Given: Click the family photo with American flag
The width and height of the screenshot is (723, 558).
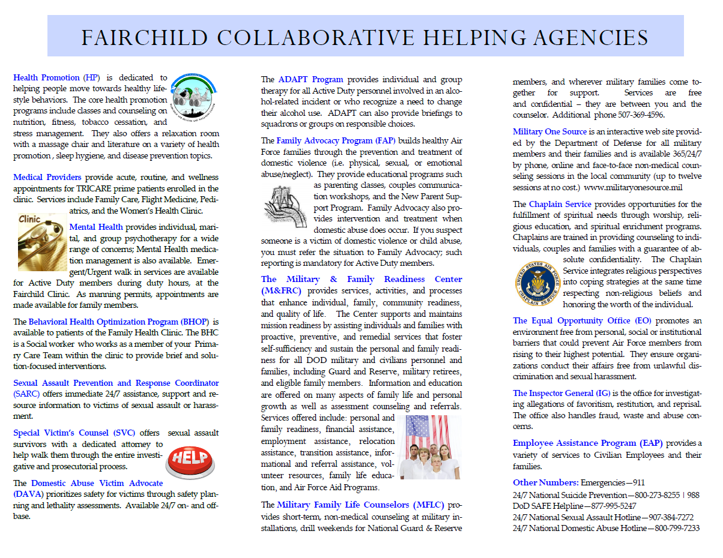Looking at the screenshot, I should pyautogui.click(x=430, y=446).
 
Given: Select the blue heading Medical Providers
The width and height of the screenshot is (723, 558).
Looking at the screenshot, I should pyautogui.click(x=47, y=177).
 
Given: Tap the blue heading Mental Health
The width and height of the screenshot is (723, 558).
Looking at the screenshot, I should pyautogui.click(x=96, y=227).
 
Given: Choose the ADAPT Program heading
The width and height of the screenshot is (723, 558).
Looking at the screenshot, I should pyautogui.click(x=310, y=79).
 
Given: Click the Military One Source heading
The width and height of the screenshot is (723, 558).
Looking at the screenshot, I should pyautogui.click(x=549, y=131).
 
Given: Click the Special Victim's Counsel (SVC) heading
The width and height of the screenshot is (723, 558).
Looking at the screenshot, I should pyautogui.click(x=74, y=433).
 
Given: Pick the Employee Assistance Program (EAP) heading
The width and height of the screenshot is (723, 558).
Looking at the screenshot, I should pyautogui.click(x=587, y=443).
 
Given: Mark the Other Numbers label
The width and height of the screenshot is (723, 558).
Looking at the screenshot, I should pyautogui.click(x=545, y=482).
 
